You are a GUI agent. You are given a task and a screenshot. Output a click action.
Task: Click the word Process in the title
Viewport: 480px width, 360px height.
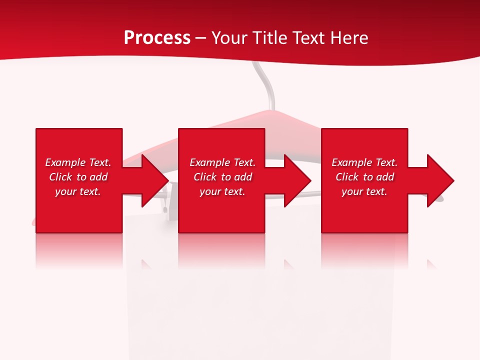coord(157,38)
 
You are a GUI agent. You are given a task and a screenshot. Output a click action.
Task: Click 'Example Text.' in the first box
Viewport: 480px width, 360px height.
coord(78,162)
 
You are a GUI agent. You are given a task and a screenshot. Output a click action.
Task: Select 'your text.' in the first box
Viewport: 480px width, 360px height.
coord(78,191)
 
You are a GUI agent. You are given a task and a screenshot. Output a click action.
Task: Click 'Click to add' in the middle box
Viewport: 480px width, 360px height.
coord(222,177)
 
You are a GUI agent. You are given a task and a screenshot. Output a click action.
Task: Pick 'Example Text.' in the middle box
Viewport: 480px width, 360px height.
coord(222,162)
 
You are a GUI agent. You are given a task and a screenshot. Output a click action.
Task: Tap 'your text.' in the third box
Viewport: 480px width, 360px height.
coord(364,191)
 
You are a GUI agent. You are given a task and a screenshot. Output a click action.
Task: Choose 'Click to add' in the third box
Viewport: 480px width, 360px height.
coord(364,177)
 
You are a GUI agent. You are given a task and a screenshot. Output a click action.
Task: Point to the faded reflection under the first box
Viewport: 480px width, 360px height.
coord(79,250)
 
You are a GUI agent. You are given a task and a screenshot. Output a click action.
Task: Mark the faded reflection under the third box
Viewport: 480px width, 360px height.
coord(364,250)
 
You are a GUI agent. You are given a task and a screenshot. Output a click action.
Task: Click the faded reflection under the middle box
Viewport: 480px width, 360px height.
coord(221,250)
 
